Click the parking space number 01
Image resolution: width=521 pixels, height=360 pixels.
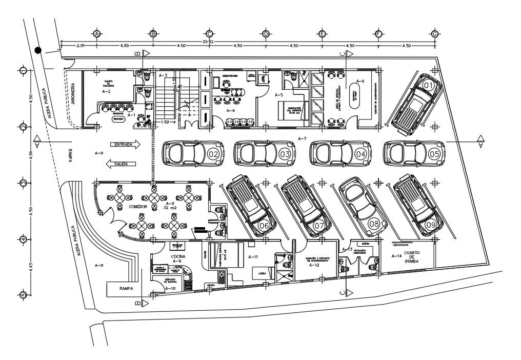[429, 85]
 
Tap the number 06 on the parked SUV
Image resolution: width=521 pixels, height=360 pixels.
[265, 225]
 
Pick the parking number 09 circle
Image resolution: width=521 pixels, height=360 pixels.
[431, 224]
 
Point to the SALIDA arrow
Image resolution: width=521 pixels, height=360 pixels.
[121, 164]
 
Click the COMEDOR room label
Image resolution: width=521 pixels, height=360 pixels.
[138, 206]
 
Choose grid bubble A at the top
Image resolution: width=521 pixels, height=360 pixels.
[96, 34]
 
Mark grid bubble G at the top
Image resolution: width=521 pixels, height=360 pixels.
[435, 34]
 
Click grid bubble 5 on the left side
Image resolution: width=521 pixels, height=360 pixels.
[23, 295]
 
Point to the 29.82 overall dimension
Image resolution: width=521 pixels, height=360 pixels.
[208, 41]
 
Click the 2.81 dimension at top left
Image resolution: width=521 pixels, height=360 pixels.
[81, 46]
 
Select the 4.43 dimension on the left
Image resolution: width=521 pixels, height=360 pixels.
[31, 267]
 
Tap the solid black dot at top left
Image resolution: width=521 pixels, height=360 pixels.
[38, 50]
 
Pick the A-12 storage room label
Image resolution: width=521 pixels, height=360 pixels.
[314, 266]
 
